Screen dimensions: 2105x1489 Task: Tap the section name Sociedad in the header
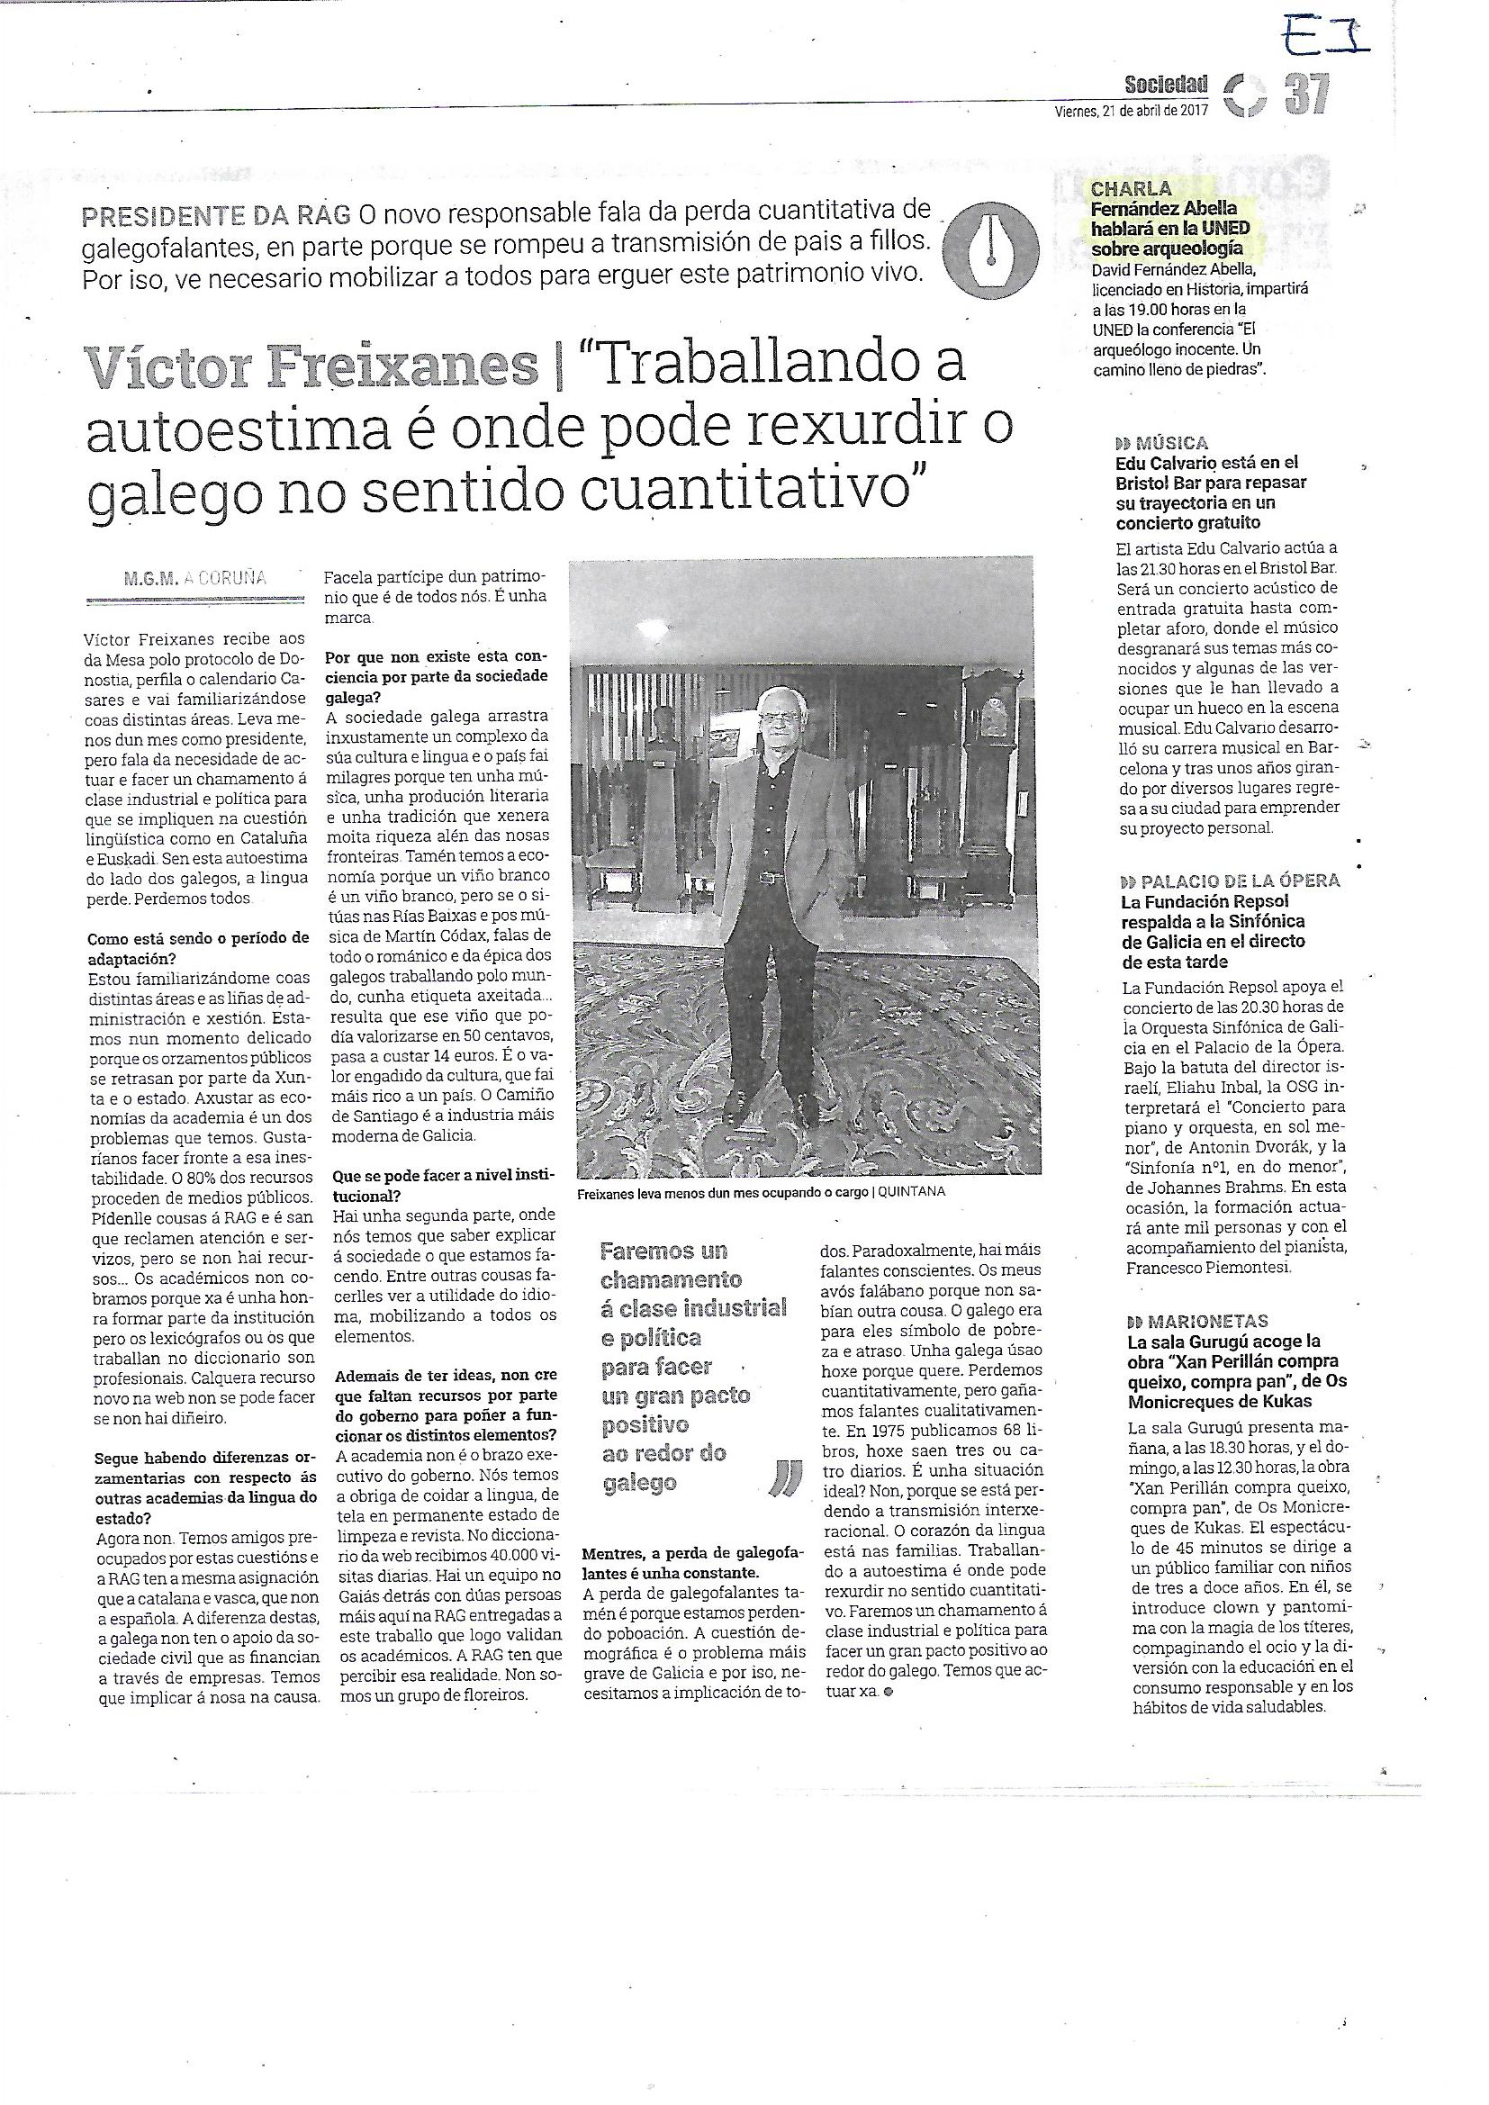tap(1166, 86)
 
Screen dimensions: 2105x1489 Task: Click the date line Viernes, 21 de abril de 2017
tap(1131, 110)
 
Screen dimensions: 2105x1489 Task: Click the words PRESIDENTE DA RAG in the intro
tap(216, 216)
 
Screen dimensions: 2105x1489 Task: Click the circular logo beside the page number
tap(1245, 95)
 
